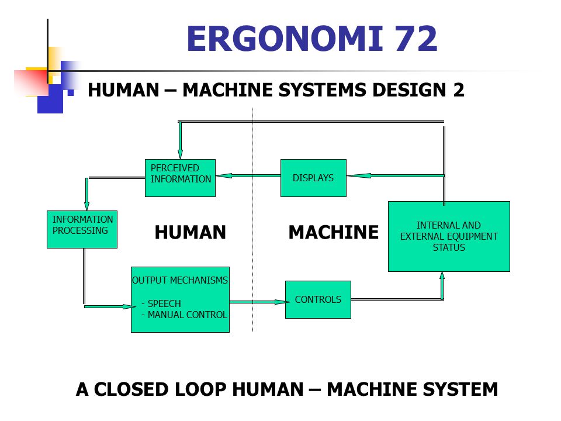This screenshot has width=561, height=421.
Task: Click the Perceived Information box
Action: [x=181, y=178]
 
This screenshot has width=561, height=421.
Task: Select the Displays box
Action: [x=313, y=178]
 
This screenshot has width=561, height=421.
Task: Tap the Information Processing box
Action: [x=82, y=229]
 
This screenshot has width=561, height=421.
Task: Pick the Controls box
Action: [x=318, y=299]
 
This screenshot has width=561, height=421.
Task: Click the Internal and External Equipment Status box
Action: [x=449, y=236]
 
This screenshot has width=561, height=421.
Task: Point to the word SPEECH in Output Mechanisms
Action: [x=164, y=303]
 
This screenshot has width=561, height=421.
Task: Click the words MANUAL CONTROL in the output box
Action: [x=187, y=315]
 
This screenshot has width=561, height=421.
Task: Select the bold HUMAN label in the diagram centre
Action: [x=191, y=232]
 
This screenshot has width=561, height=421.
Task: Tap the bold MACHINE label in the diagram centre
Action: [x=334, y=232]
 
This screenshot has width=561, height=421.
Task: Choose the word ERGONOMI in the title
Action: [x=285, y=39]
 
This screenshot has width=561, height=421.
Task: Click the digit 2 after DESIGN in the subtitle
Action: [x=459, y=89]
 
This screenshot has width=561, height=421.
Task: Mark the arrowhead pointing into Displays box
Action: [x=359, y=175]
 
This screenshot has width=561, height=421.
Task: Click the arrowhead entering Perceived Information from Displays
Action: [x=224, y=175]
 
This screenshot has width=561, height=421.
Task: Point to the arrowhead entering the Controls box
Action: [x=282, y=302]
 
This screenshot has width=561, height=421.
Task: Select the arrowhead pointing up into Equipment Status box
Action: [x=442, y=276]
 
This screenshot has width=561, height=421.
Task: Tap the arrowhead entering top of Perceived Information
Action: [x=181, y=154]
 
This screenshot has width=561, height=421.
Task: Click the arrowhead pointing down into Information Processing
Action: [x=86, y=205]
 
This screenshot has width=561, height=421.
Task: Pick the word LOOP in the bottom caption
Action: [x=200, y=389]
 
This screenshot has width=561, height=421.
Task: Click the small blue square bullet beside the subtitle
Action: [x=71, y=93]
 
